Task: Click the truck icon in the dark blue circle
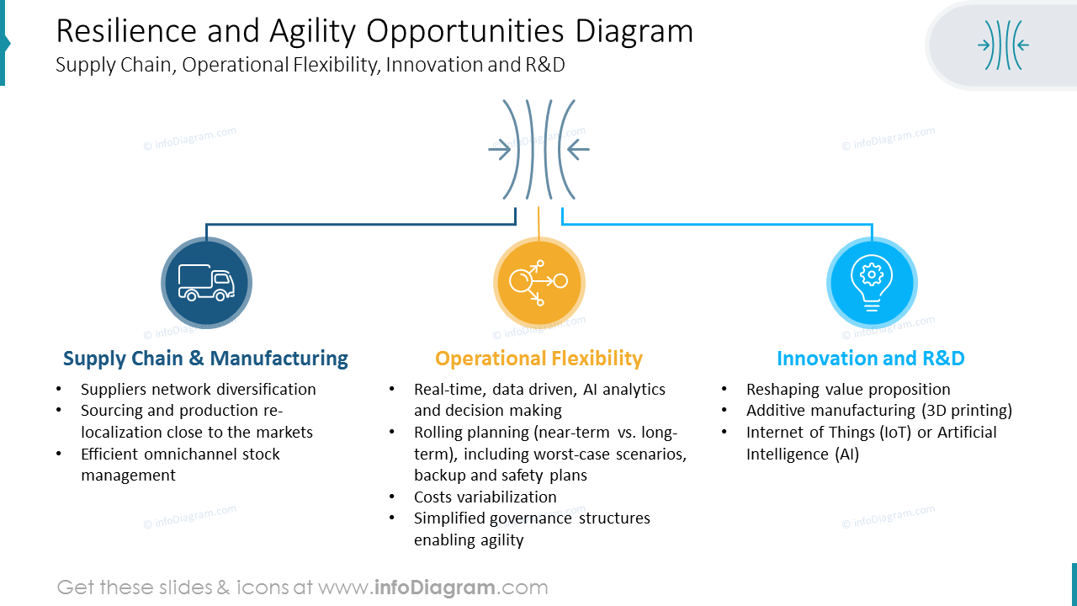pyautogui.click(x=206, y=283)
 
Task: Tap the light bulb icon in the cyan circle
pyautogui.click(x=872, y=283)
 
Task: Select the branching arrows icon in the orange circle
pyautogui.click(x=538, y=283)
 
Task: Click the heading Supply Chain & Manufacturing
pyautogui.click(x=205, y=359)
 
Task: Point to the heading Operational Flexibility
pyautogui.click(x=538, y=359)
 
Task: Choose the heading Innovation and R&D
pyautogui.click(x=870, y=359)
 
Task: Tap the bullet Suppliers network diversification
pyautogui.click(x=199, y=390)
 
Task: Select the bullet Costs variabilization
pyautogui.click(x=485, y=497)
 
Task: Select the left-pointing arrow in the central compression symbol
pyautogui.click(x=578, y=151)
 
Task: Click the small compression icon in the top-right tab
pyautogui.click(x=1003, y=45)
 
